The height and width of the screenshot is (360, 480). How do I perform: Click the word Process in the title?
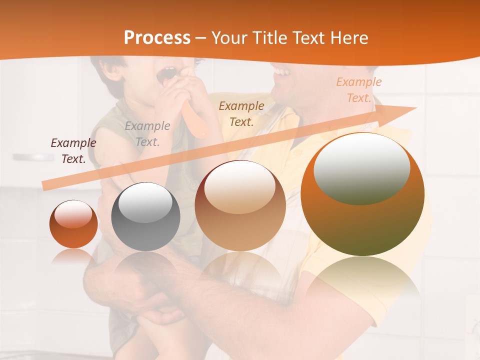click(x=157, y=37)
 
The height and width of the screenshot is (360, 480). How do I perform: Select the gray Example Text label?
click(x=147, y=134)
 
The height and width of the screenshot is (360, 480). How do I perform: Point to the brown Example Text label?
click(x=241, y=113)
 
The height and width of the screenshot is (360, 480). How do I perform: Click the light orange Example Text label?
click(x=358, y=90)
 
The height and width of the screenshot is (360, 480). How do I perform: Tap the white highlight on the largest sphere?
click(x=361, y=167)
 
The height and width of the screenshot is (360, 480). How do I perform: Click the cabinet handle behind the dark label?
click(x=33, y=157)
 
